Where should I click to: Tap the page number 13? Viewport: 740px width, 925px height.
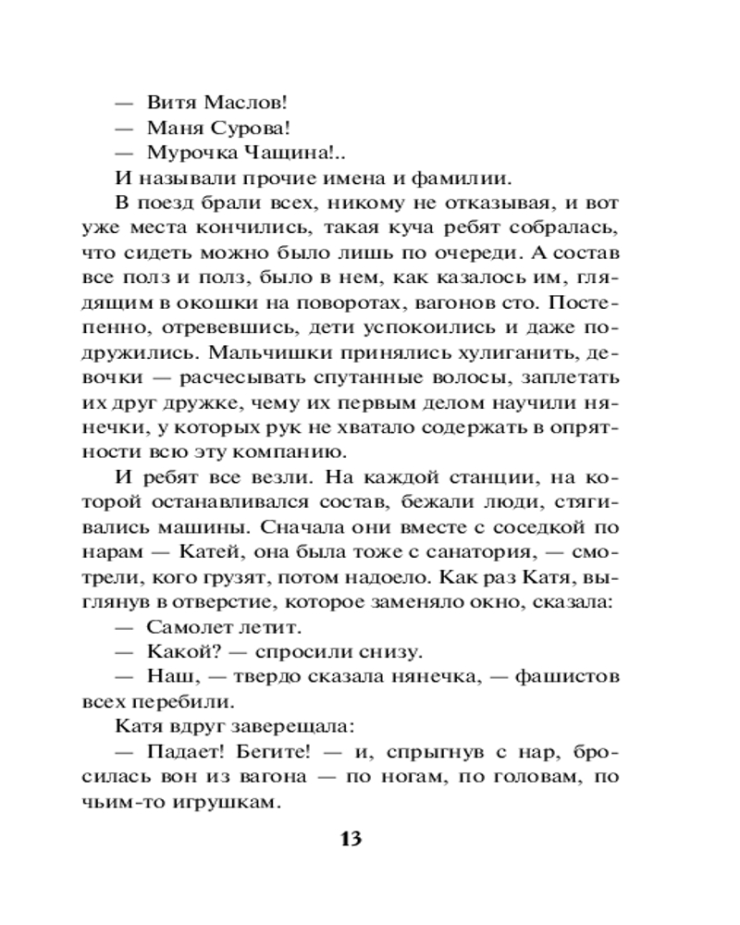click(351, 839)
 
